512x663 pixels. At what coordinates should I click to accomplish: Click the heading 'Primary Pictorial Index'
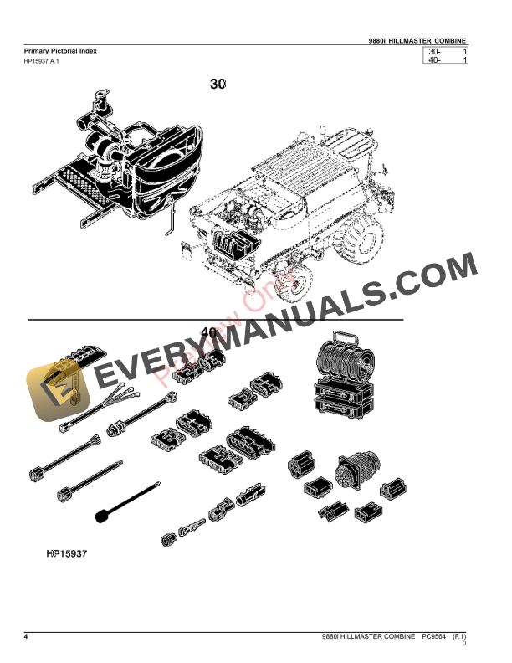click(x=61, y=51)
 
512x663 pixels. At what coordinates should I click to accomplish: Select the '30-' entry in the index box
click(x=434, y=52)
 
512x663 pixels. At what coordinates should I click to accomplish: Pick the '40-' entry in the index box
click(x=434, y=60)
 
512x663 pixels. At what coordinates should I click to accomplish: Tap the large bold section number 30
click(x=218, y=84)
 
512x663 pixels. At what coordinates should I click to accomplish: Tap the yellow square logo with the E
click(x=51, y=390)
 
